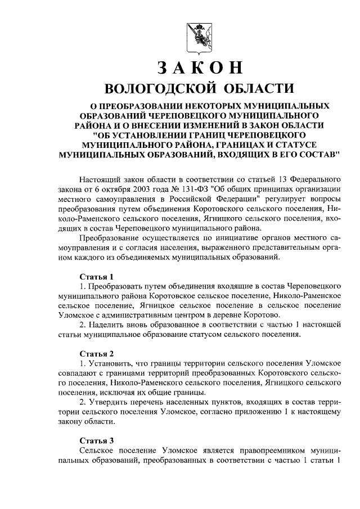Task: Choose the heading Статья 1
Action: (97, 277)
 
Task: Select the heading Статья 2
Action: (97, 354)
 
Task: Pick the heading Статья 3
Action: (97, 440)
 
